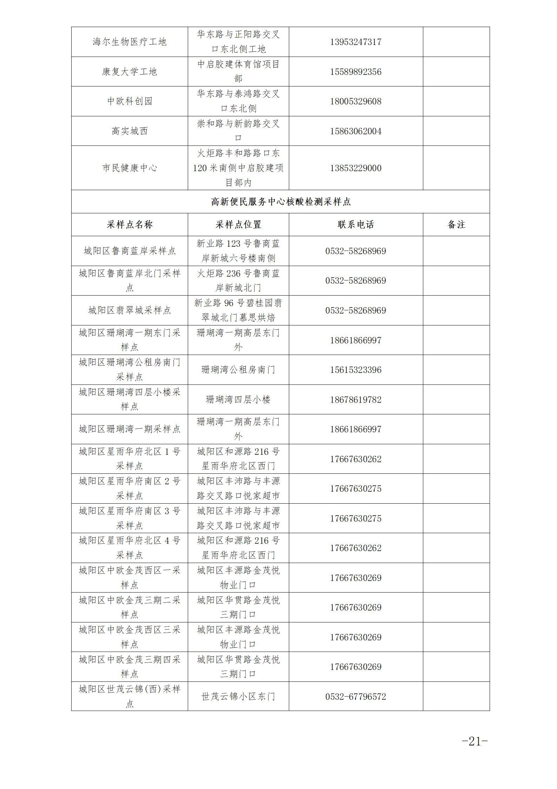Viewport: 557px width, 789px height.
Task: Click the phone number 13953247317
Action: tap(356, 42)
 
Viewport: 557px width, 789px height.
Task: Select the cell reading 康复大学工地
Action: tap(130, 72)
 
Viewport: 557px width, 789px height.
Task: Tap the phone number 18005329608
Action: tap(356, 102)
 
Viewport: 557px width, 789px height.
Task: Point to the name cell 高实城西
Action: tap(130, 131)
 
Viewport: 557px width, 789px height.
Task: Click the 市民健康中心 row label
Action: tap(130, 168)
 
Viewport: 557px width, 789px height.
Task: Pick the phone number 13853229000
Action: tap(356, 168)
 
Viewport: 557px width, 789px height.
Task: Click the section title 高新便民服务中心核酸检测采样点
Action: tap(280, 202)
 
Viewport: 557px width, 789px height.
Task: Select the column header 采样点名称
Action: tap(130, 225)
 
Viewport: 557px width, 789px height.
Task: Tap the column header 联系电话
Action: tap(356, 225)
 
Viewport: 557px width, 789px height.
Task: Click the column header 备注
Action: tap(456, 225)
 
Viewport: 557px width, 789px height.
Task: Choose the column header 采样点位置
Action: tap(238, 225)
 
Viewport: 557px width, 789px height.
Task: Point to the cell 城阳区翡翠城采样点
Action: tap(130, 310)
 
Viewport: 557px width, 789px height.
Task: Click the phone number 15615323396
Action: tap(356, 370)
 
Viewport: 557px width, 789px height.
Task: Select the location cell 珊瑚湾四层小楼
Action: tap(238, 400)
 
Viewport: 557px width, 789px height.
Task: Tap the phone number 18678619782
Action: tap(356, 400)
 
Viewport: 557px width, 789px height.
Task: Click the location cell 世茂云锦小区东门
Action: tap(238, 697)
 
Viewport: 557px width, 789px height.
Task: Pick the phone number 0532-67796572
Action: tap(356, 697)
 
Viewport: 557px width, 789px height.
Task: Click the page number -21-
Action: tap(475, 741)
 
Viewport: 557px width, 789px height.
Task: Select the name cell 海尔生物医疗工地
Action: tap(130, 42)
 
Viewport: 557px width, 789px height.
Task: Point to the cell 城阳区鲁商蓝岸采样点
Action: tap(130, 251)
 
